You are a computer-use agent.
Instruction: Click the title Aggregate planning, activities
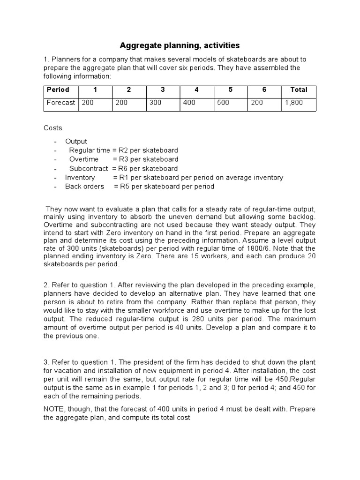(x=180, y=45)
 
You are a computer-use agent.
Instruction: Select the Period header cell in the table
(x=58, y=90)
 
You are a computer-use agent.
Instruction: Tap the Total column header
(x=299, y=90)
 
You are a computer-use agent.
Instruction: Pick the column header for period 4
(x=197, y=90)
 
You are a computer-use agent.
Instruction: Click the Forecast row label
(x=60, y=103)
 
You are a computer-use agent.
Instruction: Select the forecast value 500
(x=223, y=103)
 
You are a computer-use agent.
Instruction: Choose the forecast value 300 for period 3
(x=155, y=103)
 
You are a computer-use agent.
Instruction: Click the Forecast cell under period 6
(x=257, y=103)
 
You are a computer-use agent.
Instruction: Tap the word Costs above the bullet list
(x=52, y=128)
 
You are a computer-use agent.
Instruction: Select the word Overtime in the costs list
(x=84, y=159)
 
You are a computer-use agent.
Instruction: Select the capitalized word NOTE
(x=54, y=409)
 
